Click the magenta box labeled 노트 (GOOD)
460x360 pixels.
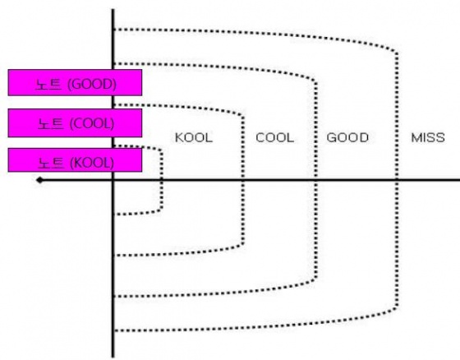click(x=75, y=82)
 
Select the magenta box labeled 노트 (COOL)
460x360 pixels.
click(x=75, y=122)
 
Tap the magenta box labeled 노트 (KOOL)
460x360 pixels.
click(x=75, y=159)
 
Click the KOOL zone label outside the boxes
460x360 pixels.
click(x=194, y=138)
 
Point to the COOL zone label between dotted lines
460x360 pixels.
click(x=275, y=138)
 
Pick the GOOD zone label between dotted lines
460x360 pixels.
click(x=347, y=138)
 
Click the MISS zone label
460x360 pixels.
click(x=428, y=138)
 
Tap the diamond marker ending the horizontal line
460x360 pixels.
click(x=40, y=180)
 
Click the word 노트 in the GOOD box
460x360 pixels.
click(x=48, y=85)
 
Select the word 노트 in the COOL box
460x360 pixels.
click(x=51, y=123)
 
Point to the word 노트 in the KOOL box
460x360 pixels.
click(x=51, y=163)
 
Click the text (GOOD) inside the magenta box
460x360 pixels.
click(x=92, y=85)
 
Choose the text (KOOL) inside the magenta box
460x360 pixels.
click(x=92, y=163)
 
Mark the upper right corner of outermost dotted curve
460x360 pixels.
click(x=396, y=52)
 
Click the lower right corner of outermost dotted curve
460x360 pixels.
click(x=396, y=308)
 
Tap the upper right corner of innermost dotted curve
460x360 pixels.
click(x=161, y=150)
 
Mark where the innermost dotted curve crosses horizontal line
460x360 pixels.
click(x=161, y=180)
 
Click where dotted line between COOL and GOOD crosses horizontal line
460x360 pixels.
click(x=315, y=180)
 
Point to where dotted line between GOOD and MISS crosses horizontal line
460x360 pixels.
click(x=397, y=180)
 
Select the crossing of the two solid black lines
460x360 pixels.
click(x=113, y=180)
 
